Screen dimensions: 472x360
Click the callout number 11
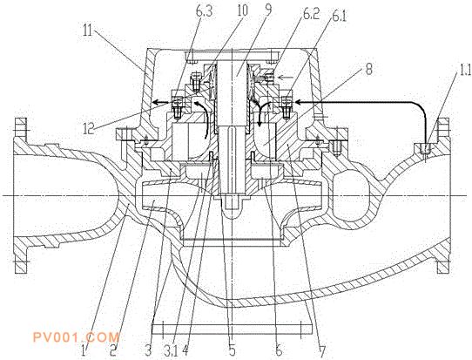88,31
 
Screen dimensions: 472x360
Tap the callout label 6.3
204,11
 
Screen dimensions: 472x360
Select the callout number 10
242,10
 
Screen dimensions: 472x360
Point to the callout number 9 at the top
268,9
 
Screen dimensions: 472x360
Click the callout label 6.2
311,14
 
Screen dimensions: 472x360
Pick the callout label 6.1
339,16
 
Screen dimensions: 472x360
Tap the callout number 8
368,69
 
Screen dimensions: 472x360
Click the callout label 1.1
463,70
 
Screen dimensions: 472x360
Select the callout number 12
90,128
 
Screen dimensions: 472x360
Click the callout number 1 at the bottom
84,350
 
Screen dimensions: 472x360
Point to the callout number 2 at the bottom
113,350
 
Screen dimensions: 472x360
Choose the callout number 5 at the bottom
232,350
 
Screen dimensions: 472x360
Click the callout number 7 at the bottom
322,351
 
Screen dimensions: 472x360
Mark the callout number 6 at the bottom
279,350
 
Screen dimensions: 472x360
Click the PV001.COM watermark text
76,337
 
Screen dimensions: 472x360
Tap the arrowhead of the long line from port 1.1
298,103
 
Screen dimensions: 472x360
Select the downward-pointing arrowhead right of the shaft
260,124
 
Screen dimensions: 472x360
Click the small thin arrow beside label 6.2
285,78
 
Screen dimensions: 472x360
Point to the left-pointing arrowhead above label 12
156,104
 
